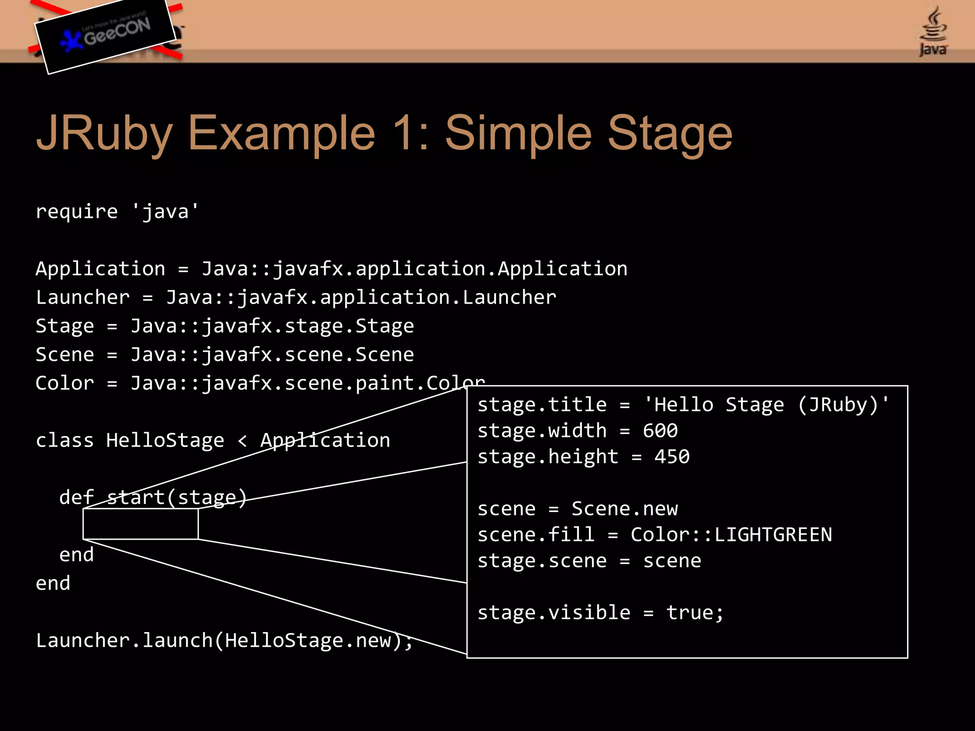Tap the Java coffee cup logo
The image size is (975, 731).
tap(933, 31)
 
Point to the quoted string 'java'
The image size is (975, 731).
tap(165, 211)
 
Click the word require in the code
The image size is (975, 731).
tap(77, 211)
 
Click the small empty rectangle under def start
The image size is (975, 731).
tap(140, 524)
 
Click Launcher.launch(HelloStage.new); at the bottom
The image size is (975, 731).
tap(224, 641)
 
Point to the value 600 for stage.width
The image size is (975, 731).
tap(660, 431)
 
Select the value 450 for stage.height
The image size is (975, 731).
tap(672, 457)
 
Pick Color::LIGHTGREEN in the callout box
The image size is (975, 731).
tap(731, 535)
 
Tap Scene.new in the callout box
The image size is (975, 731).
tap(625, 509)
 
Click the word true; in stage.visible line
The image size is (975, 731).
tap(695, 613)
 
